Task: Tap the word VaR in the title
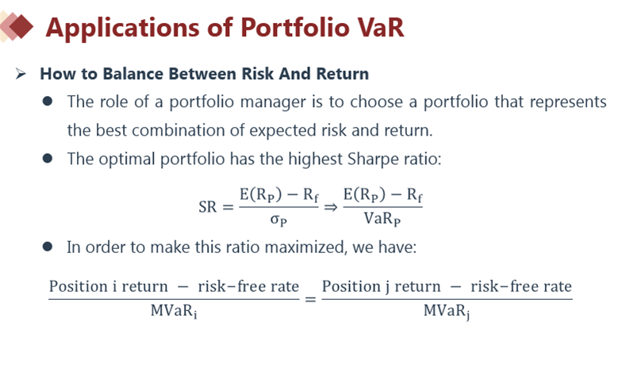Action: click(x=381, y=28)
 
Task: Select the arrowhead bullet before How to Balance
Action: click(x=21, y=74)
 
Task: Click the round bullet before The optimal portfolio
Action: click(x=48, y=159)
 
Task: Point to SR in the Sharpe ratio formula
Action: click(x=208, y=207)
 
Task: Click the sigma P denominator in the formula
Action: click(x=278, y=220)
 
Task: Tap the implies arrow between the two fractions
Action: click(x=331, y=207)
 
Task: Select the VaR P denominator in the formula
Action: click(x=382, y=219)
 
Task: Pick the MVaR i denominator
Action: click(x=174, y=311)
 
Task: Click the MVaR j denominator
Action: click(x=447, y=311)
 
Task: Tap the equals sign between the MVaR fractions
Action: click(x=310, y=299)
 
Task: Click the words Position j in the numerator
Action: click(x=355, y=286)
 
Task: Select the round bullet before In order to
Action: click(x=48, y=247)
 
